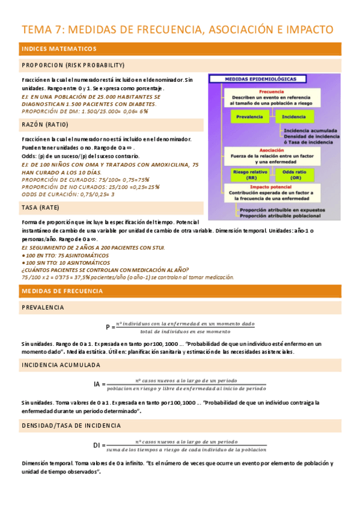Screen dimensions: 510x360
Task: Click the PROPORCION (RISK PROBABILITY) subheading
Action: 73,65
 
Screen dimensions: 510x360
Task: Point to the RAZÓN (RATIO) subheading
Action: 45,124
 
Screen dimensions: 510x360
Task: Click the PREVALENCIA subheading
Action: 43,307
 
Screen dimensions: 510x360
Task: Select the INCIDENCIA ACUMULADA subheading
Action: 61,365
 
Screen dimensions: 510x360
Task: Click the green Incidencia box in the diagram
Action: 293,117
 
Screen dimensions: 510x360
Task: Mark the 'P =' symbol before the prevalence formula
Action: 110,328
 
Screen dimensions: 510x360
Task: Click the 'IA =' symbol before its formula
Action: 99,384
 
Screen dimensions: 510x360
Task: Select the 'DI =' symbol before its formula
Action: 99,444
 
